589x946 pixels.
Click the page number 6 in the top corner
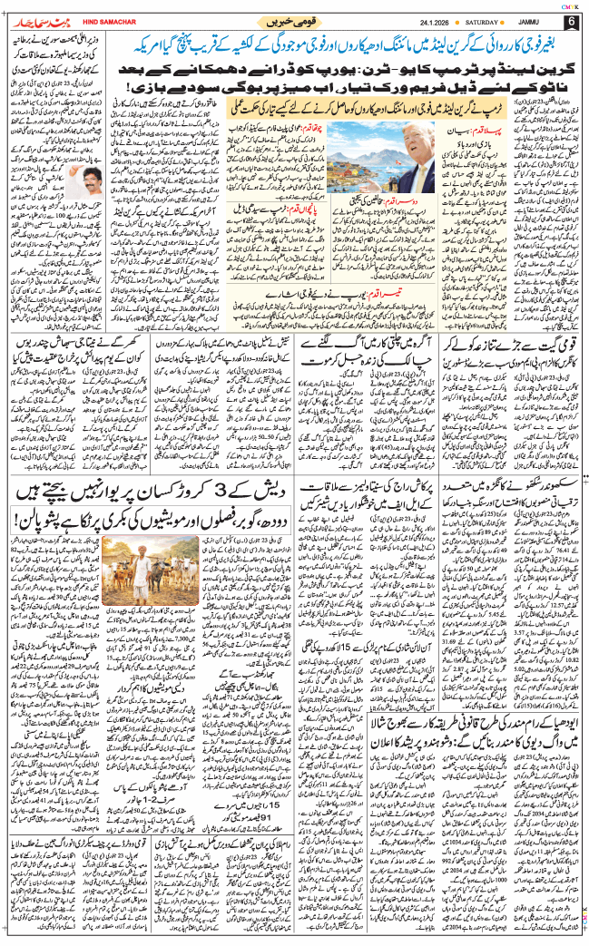point(571,21)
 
